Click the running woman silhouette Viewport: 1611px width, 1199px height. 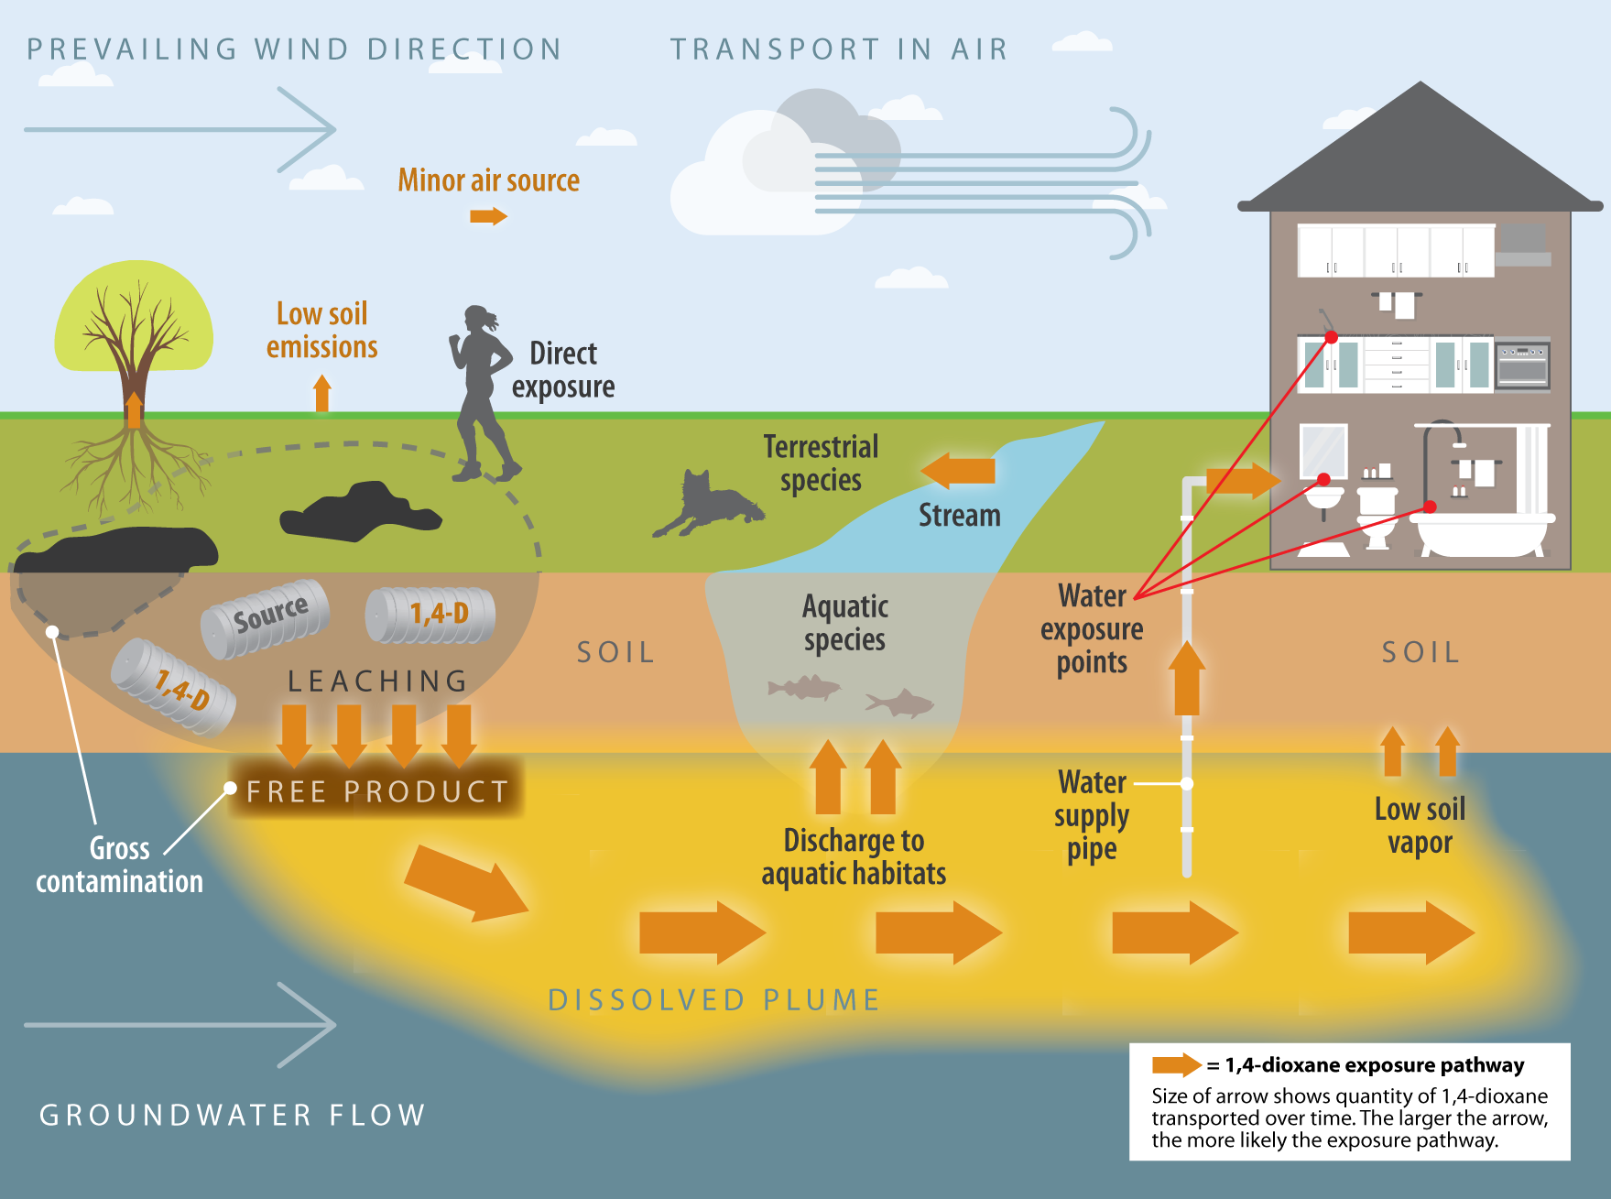click(481, 394)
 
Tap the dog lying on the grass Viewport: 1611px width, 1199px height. click(710, 505)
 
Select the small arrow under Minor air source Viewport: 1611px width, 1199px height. click(488, 216)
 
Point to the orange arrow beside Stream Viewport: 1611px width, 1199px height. click(959, 470)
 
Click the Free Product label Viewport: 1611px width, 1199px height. click(376, 790)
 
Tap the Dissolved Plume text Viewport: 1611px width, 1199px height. click(713, 999)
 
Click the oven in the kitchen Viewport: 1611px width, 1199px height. click(1522, 365)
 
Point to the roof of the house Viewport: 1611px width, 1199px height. click(1421, 156)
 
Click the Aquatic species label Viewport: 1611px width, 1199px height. click(844, 623)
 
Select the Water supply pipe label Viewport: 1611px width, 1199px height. click(1092, 815)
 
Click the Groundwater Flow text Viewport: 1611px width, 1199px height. click(233, 1115)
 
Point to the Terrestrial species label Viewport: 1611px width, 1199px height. click(821, 463)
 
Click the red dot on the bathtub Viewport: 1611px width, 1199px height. click(1430, 507)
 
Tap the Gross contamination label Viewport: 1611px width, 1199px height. click(119, 865)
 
